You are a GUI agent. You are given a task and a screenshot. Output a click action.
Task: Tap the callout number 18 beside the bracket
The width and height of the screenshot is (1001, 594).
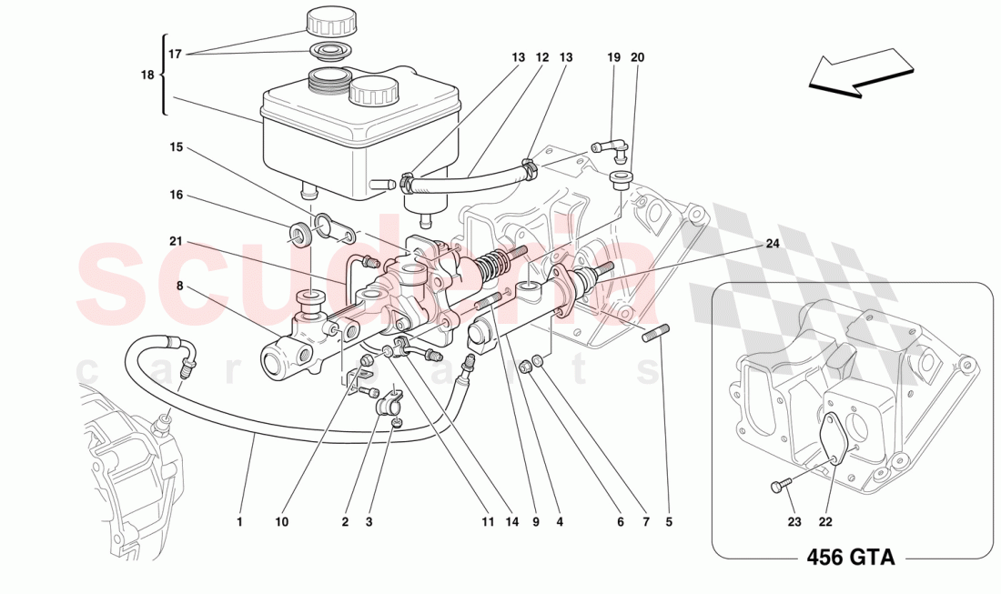147,76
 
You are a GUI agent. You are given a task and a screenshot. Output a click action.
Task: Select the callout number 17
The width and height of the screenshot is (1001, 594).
177,54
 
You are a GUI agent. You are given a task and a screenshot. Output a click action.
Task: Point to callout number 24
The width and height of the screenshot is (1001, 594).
773,243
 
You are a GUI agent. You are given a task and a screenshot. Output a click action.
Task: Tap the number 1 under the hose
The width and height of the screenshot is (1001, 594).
240,522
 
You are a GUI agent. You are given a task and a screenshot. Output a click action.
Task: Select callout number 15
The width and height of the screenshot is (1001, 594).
177,146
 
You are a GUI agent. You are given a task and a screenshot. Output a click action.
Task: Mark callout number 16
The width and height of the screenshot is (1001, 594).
177,195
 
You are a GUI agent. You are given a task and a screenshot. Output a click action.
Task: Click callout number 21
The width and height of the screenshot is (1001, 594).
177,241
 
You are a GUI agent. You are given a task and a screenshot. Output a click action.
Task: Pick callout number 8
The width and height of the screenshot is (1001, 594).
178,286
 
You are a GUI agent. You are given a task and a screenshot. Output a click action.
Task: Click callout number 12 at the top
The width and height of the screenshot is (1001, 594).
542,57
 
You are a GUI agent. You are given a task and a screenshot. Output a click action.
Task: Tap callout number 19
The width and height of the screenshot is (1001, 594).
613,57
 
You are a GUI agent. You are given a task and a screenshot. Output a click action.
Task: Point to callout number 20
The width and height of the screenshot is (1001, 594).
637,57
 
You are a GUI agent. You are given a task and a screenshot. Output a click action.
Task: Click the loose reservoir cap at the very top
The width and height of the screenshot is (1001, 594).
332,20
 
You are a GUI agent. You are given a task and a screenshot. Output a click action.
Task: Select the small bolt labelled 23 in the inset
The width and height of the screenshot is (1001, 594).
777,488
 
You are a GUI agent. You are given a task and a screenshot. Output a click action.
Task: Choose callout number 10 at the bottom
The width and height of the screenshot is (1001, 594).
282,522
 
